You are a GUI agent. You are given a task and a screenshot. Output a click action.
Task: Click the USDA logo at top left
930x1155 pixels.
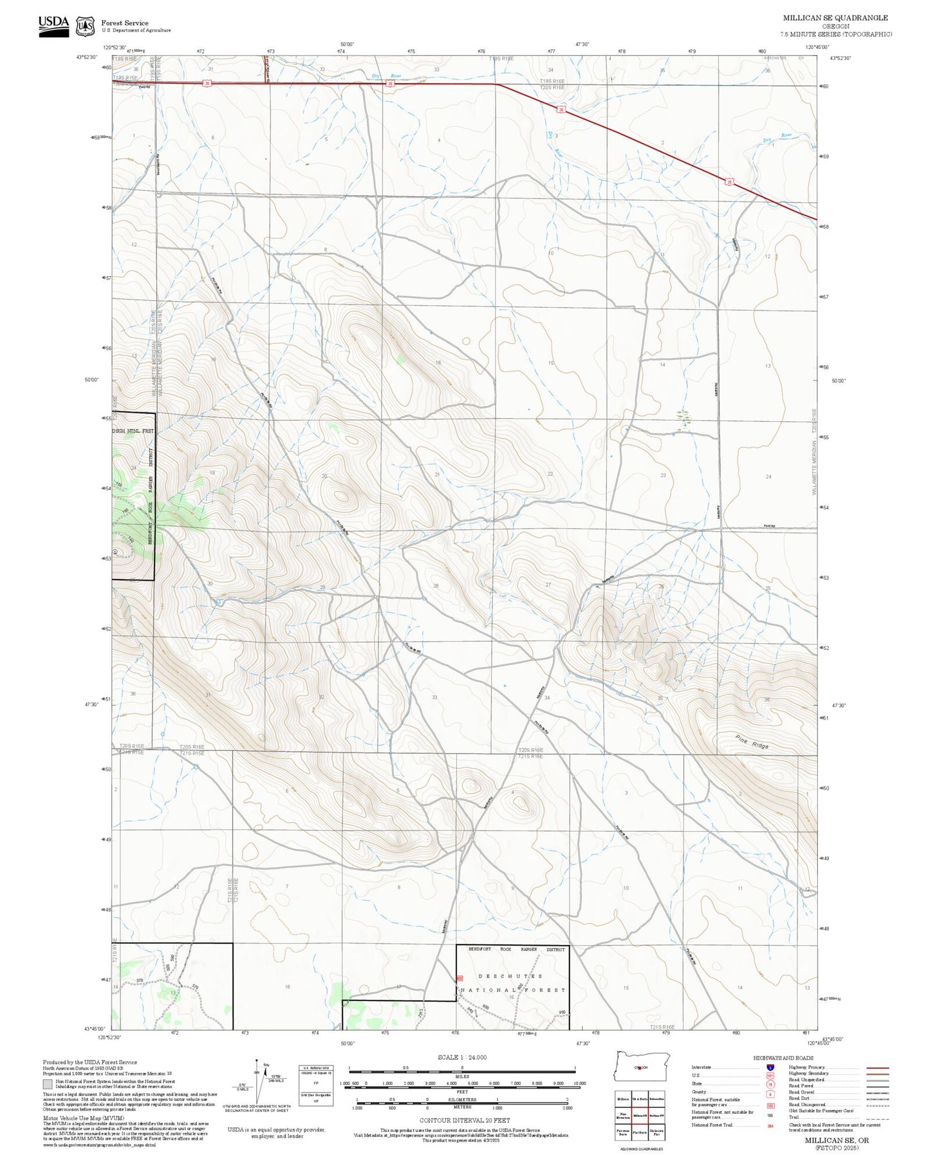tap(53, 25)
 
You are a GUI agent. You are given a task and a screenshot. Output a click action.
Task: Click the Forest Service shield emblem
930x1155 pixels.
tap(85, 26)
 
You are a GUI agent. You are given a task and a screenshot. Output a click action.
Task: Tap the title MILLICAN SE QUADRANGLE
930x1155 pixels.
tap(835, 18)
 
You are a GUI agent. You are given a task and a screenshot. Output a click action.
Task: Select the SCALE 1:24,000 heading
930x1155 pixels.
tap(462, 1057)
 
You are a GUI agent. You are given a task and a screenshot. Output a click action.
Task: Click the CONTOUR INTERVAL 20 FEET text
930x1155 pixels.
tap(461, 1120)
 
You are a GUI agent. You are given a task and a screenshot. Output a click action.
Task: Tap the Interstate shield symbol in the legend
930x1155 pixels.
tap(770, 1067)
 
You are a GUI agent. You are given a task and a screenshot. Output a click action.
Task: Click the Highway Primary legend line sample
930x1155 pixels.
tap(877, 1067)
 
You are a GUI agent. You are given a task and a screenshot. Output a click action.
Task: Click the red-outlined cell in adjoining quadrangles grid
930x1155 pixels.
tap(640, 1115)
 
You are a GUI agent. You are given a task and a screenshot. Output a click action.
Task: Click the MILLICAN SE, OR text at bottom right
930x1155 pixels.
tap(836, 1140)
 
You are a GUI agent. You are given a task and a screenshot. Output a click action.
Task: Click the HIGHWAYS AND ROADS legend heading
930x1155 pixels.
tap(783, 1058)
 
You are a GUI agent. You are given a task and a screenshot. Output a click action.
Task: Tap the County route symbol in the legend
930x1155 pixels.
tap(770, 1092)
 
